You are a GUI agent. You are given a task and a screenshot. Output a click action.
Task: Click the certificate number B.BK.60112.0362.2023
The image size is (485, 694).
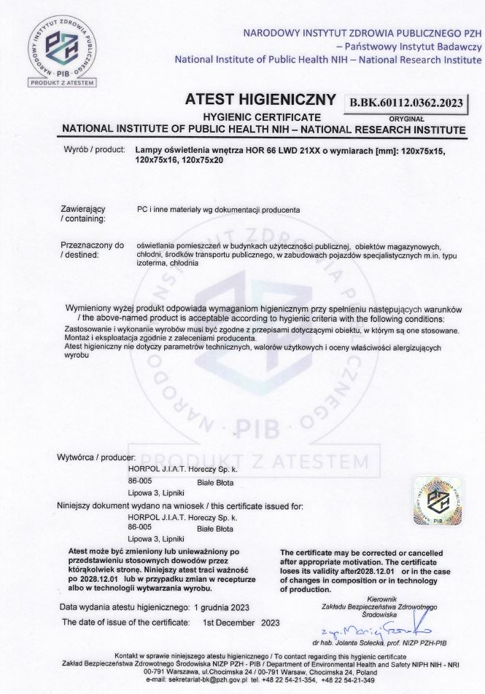click(x=407, y=103)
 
